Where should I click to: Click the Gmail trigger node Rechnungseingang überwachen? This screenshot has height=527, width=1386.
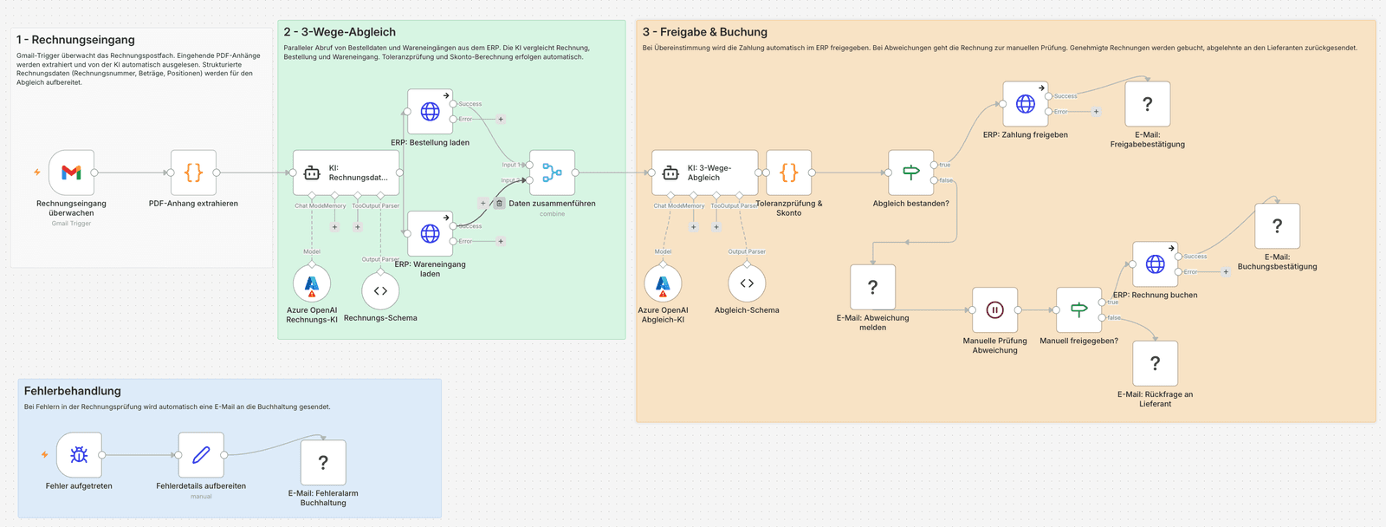(71, 172)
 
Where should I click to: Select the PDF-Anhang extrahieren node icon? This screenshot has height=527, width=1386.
(193, 172)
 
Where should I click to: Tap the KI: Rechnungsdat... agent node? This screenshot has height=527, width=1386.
(346, 172)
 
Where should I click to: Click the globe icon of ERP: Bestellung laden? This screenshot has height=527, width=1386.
(430, 112)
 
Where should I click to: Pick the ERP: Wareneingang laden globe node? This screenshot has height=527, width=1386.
(430, 234)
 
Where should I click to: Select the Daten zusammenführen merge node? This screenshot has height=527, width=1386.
(552, 172)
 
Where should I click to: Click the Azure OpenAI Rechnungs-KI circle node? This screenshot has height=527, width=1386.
(312, 283)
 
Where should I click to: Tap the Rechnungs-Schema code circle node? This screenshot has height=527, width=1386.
(380, 291)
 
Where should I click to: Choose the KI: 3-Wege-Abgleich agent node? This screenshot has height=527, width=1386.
(704, 172)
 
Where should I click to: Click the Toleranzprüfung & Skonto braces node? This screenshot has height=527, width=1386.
(788, 172)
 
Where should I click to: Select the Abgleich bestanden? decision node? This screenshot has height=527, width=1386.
(910, 172)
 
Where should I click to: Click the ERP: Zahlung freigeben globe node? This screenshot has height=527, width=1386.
(1026, 104)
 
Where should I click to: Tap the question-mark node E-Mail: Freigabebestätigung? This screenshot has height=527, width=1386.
(1147, 104)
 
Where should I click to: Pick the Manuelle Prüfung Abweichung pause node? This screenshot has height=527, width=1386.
(994, 310)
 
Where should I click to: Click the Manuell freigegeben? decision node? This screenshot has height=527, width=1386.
(1078, 310)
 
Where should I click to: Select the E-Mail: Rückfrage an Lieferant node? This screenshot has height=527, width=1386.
(1155, 363)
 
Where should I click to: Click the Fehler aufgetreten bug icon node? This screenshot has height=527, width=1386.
(79, 455)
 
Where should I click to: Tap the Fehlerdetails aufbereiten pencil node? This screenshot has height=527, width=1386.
(201, 455)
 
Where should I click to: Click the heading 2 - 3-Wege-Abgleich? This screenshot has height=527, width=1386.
(340, 32)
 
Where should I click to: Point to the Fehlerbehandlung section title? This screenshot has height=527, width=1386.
(73, 391)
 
